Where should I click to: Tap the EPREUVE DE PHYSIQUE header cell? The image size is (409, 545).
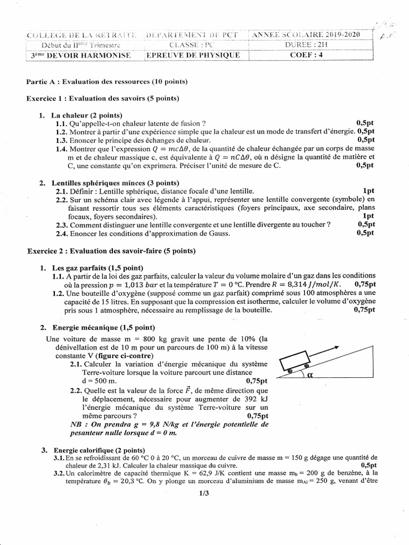click(193, 55)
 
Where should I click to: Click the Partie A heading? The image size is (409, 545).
click(107, 81)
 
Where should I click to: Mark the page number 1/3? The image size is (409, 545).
click(204, 493)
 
